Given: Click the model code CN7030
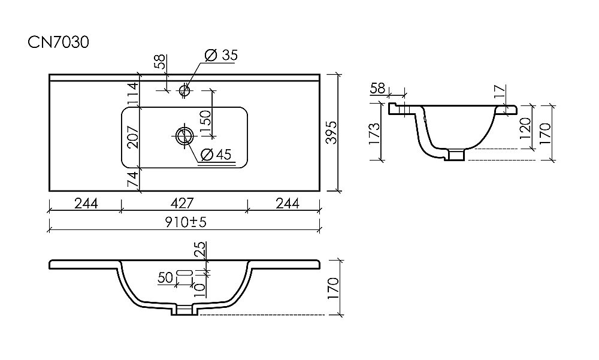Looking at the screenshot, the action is pos(58,42).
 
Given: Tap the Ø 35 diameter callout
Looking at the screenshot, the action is pos(221,56).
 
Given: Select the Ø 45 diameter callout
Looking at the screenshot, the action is pos(216,155).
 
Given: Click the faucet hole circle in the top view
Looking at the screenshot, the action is pos(184,90).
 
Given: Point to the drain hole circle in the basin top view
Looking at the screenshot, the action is pos(184,135).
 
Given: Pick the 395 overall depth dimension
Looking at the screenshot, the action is pos(332,132).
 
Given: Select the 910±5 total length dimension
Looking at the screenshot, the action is pos(186,222).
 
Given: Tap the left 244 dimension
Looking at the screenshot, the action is pos(86,203).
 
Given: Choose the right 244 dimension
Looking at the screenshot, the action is pos(288,203).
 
